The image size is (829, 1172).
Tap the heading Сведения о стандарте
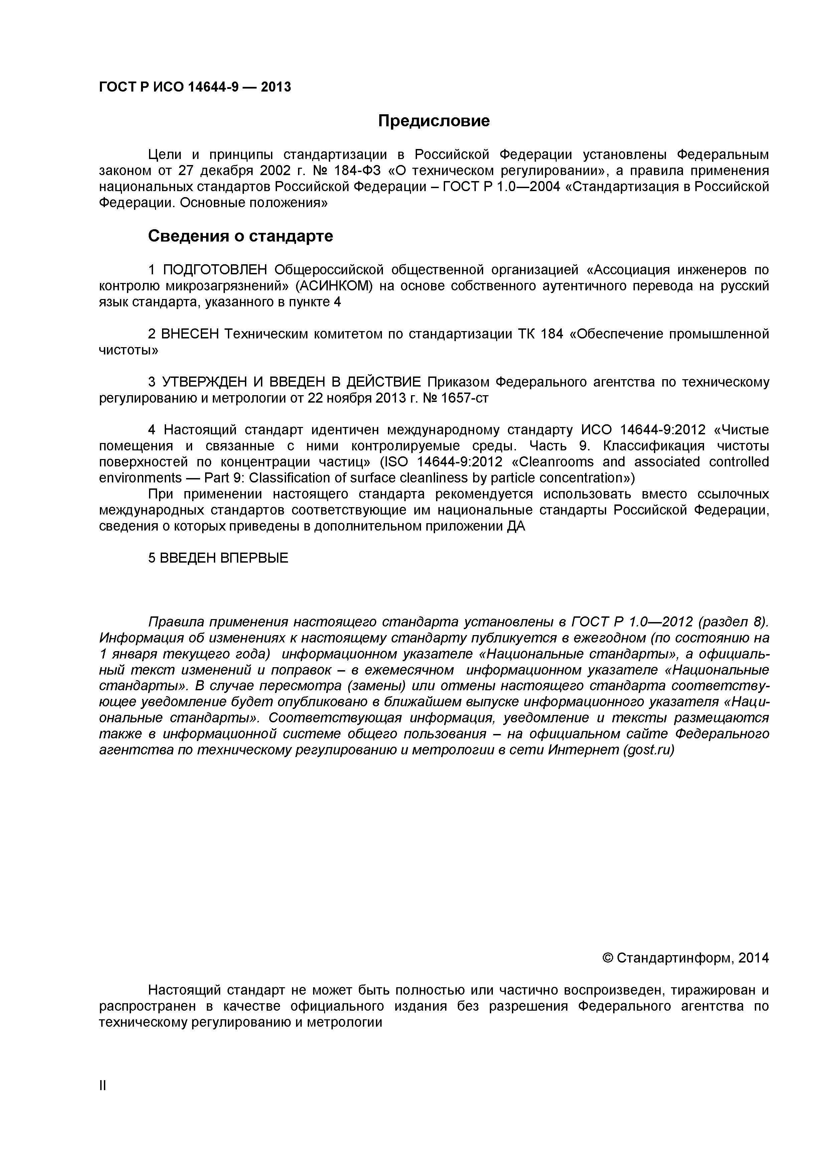pyautogui.click(x=241, y=236)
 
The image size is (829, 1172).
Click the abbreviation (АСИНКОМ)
pyautogui.click(x=334, y=286)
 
